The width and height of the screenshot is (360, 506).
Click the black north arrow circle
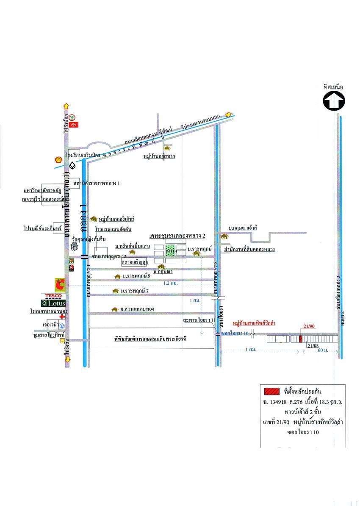334,102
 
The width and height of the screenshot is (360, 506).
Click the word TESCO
53,295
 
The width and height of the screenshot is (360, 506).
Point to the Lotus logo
53,303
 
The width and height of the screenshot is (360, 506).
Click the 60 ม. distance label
322,351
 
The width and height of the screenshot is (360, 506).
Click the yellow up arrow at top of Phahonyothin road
66,106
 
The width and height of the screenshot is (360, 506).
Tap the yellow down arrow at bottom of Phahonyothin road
67,360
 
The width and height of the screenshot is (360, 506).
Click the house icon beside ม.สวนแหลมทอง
114,309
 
